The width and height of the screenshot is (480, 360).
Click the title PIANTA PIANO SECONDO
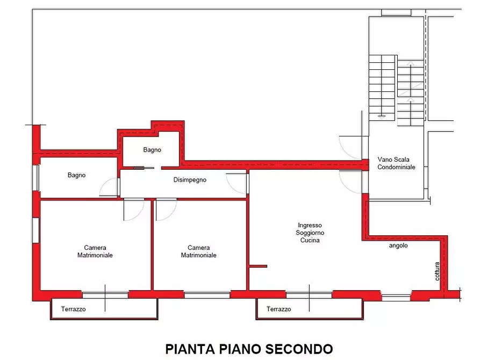click(249, 349)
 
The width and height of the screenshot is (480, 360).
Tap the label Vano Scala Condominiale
click(396, 163)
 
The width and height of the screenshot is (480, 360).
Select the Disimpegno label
click(190, 180)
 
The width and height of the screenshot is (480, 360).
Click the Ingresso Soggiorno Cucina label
click(310, 233)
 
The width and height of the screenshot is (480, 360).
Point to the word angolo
click(398, 246)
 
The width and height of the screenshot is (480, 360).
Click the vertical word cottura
click(438, 271)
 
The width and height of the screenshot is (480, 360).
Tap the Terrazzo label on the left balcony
click(73, 309)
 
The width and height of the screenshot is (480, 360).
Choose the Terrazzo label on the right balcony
click(278, 309)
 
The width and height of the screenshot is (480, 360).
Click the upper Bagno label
click(152, 150)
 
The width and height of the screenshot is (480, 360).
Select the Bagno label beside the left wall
click(76, 175)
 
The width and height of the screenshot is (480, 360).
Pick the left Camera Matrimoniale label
click(95, 251)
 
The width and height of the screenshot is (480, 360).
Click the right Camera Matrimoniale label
click(198, 251)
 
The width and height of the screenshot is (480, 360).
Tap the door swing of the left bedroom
click(133, 210)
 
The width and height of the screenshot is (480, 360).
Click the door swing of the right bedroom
click(166, 210)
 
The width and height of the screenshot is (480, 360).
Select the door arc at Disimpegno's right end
click(237, 183)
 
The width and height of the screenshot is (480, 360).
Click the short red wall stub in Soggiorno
click(258, 265)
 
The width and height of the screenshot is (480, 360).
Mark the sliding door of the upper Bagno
click(144, 168)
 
